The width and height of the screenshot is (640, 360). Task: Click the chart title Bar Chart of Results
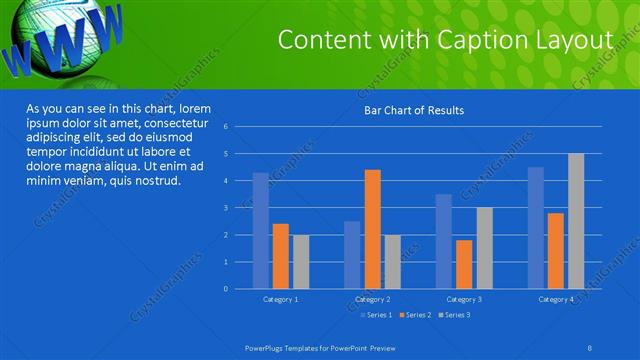click(413, 110)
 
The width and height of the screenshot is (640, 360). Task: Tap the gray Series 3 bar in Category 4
click(576, 221)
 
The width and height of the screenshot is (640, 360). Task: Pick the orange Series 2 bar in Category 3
click(464, 264)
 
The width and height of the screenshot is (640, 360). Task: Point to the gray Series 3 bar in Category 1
click(300, 262)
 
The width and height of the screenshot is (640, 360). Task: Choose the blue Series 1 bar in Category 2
click(352, 255)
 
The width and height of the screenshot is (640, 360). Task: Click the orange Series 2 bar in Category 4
click(556, 251)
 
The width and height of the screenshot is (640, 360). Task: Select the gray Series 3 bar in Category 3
click(484, 248)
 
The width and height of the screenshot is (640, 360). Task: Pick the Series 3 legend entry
click(453, 315)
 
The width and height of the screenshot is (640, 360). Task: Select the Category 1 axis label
click(280, 299)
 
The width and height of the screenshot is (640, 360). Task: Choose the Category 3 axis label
click(464, 299)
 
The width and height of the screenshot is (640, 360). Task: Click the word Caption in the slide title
click(469, 39)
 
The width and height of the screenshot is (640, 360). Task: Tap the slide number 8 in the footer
click(590, 346)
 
